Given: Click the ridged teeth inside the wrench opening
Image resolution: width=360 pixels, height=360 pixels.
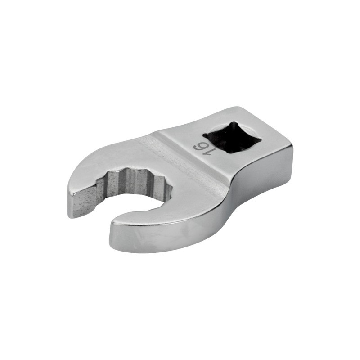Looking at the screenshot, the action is (135, 181).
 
